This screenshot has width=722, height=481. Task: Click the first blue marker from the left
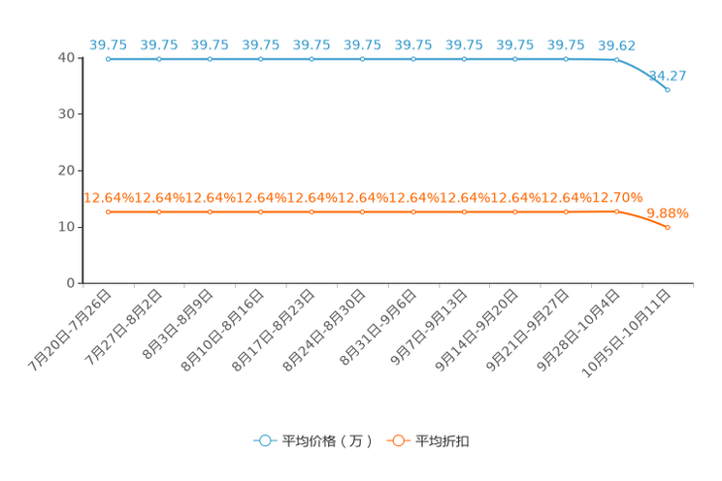pyautogui.click(x=108, y=59)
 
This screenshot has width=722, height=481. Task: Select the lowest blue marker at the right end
pyautogui.click(x=668, y=89)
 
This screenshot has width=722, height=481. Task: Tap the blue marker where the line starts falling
pyautogui.click(x=616, y=59)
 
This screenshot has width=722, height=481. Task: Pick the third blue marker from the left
pyautogui.click(x=210, y=59)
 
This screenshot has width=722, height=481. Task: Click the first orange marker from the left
pyautogui.click(x=108, y=210)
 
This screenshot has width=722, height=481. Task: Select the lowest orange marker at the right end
pyautogui.click(x=668, y=226)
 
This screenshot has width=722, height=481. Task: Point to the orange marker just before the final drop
pyautogui.click(x=616, y=210)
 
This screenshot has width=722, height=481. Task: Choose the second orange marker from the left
pyautogui.click(x=159, y=210)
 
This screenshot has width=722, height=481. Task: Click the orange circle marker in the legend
pyautogui.click(x=398, y=440)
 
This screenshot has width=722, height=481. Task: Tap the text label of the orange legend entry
pyautogui.click(x=443, y=441)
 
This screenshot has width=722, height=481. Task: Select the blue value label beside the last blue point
pyautogui.click(x=668, y=75)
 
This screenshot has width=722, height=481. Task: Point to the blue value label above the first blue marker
pyautogui.click(x=108, y=45)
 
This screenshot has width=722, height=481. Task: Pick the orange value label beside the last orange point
pyautogui.click(x=668, y=212)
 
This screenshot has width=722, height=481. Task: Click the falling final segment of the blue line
pyautogui.click(x=642, y=73)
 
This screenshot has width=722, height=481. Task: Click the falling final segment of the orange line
pyautogui.click(x=642, y=218)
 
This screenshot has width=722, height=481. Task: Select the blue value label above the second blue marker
pyautogui.click(x=159, y=45)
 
